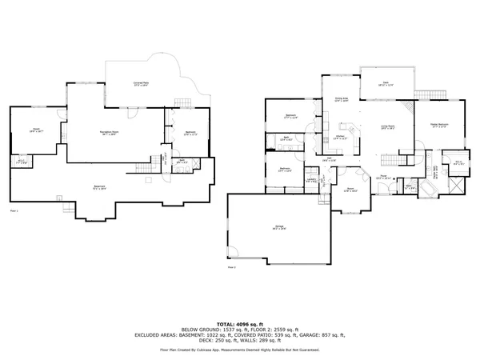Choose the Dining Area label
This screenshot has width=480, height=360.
(341, 101)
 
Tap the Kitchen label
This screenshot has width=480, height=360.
(339, 138)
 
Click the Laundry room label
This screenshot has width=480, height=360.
(310, 181)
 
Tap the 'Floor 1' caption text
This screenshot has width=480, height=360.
(12, 210)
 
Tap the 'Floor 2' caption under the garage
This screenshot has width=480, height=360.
(232, 267)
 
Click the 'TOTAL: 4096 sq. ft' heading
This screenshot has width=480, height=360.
(240, 322)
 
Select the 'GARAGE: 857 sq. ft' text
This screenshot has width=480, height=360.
(318, 336)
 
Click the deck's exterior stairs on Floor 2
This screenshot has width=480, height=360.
(410, 106)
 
